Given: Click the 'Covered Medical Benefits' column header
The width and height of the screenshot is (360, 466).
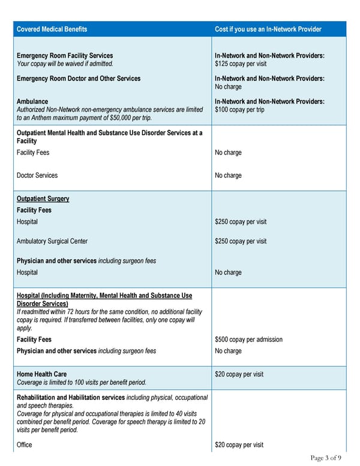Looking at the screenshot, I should pyautogui.click(x=52, y=29).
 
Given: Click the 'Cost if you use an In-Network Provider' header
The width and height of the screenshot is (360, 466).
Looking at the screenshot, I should pyautogui.click(x=268, y=29).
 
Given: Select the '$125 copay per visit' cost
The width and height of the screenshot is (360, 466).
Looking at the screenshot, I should pyautogui.click(x=241, y=64).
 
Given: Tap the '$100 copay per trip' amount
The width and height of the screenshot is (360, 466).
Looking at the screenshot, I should pyautogui.click(x=239, y=109).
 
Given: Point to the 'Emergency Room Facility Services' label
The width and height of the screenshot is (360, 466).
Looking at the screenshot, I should pyautogui.click(x=65, y=56).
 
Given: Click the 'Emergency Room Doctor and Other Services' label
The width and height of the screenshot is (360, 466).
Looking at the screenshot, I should pyautogui.click(x=79, y=79).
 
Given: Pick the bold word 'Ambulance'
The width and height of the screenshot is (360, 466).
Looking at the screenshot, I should pyautogui.click(x=32, y=101).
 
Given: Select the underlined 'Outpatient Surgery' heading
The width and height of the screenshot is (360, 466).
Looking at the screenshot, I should pyautogui.click(x=43, y=199).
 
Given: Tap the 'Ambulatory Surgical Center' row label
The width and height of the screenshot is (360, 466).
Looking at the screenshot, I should pyautogui.click(x=52, y=241).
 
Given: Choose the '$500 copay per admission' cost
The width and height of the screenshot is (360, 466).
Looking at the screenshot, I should pyautogui.click(x=248, y=339).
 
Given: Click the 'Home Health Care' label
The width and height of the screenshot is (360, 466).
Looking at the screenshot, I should pyautogui.click(x=41, y=374).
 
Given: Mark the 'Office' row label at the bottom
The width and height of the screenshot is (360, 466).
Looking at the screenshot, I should pyautogui.click(x=25, y=445).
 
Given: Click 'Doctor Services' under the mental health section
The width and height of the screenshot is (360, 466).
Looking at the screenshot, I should pyautogui.click(x=37, y=175).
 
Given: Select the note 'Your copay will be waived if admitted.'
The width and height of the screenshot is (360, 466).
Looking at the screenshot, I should pyautogui.click(x=65, y=64).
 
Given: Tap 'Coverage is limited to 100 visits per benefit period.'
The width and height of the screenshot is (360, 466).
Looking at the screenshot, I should pyautogui.click(x=82, y=382).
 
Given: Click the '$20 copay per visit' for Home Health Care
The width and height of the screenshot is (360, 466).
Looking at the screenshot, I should pyautogui.click(x=239, y=374).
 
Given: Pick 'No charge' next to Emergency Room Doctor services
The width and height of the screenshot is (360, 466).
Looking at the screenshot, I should pyautogui.click(x=228, y=86).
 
